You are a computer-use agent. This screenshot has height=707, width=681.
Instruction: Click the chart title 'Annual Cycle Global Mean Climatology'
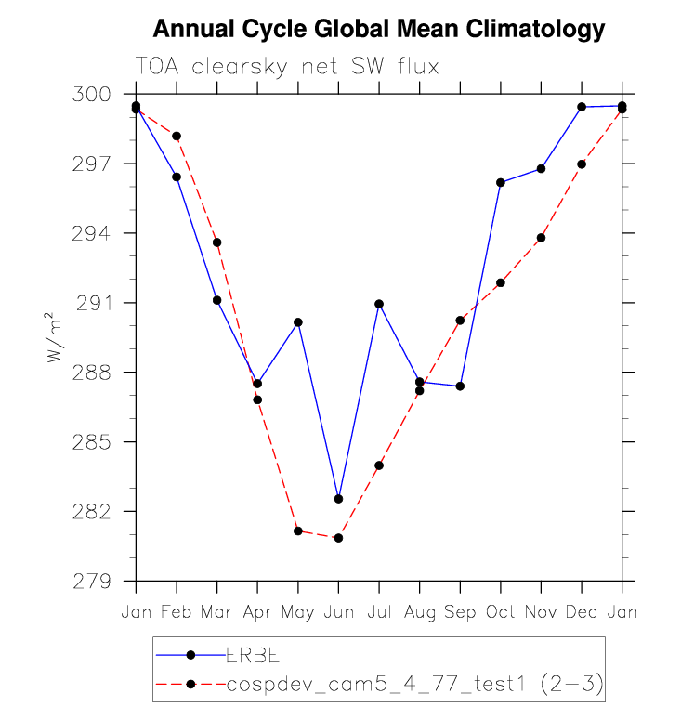(x=378, y=29)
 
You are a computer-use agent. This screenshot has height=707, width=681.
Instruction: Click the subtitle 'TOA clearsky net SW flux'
(x=287, y=67)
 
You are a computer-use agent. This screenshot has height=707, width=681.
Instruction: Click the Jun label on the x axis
(x=338, y=613)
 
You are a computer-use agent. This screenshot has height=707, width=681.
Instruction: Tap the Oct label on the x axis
(x=501, y=613)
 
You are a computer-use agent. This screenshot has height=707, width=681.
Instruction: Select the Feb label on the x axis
(x=177, y=613)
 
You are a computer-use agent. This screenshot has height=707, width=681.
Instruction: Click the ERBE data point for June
(x=338, y=499)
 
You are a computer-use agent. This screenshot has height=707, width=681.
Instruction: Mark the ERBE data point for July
(x=379, y=304)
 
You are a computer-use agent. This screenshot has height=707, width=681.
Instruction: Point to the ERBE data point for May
(x=298, y=322)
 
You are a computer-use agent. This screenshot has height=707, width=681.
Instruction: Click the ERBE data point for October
(x=501, y=182)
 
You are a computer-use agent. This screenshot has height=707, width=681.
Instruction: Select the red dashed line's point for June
(x=338, y=538)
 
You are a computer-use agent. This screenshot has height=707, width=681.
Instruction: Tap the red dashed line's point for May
(x=298, y=530)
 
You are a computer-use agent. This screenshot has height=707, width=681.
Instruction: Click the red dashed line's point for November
(x=541, y=238)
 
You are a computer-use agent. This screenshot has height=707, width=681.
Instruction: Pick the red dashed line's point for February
(x=177, y=136)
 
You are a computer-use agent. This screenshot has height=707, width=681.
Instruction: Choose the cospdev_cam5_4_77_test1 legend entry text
(x=414, y=685)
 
